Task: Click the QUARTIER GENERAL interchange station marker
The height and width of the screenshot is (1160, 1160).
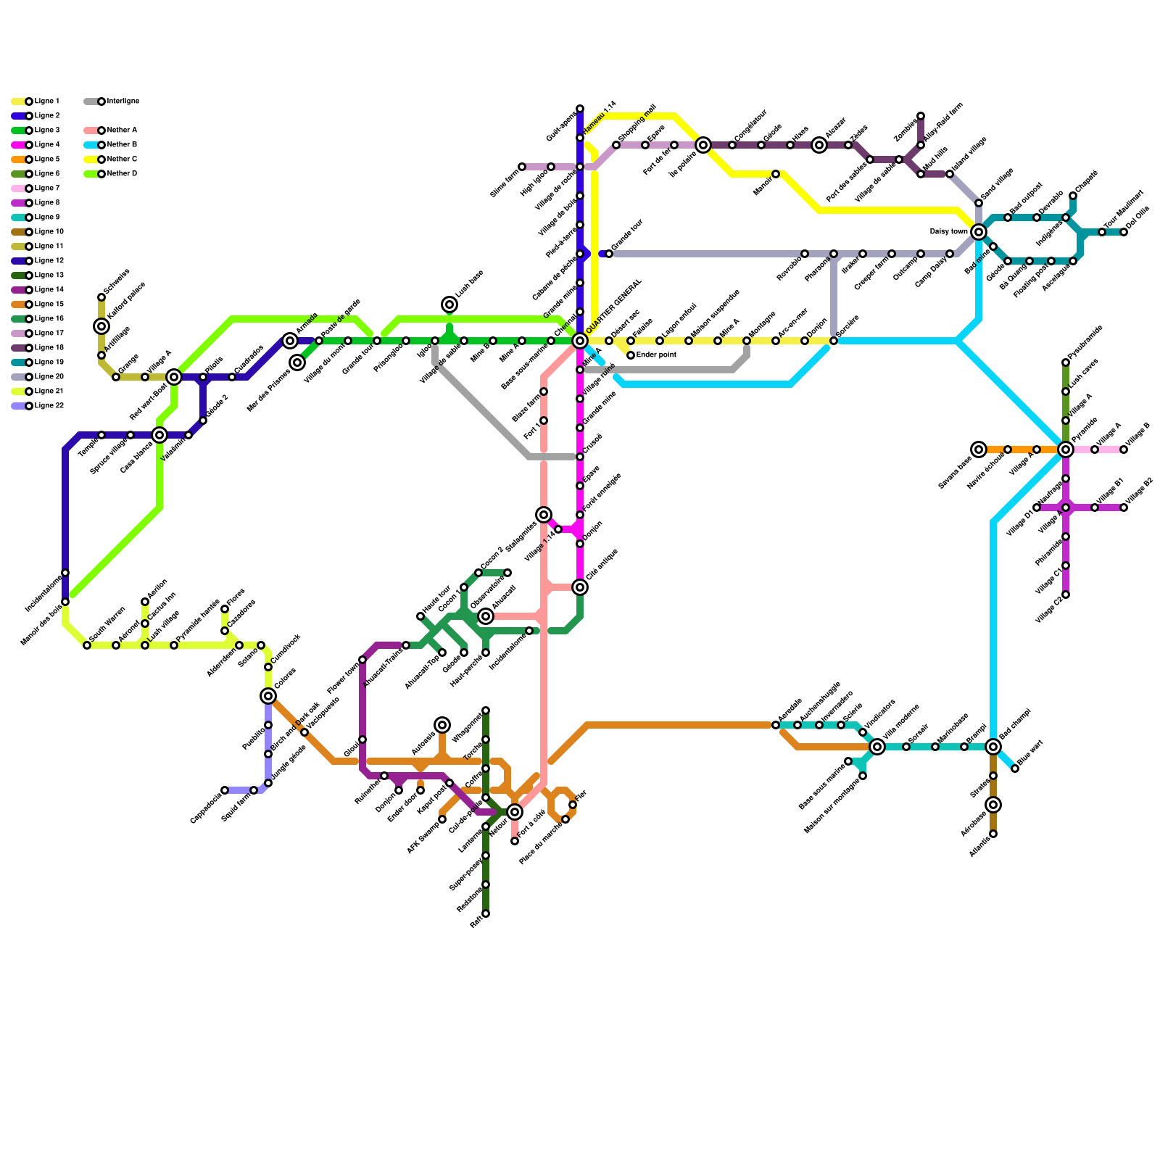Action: click(x=580, y=341)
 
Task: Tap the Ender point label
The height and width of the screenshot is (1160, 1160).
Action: click(x=656, y=355)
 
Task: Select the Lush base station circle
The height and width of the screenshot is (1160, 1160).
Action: click(x=449, y=304)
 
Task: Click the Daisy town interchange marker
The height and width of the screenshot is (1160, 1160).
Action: click(x=979, y=232)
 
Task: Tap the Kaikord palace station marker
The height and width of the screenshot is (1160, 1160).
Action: click(x=101, y=326)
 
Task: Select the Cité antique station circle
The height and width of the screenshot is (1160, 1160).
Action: click(x=580, y=587)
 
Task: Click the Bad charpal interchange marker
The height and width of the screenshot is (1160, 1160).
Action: click(x=993, y=747)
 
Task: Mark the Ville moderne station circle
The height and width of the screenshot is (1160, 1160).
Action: click(x=877, y=747)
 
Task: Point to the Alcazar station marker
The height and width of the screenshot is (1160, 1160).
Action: click(x=819, y=145)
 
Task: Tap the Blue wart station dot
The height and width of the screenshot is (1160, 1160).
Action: click(x=1015, y=768)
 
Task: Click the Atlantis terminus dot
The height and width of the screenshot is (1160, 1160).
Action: click(x=993, y=834)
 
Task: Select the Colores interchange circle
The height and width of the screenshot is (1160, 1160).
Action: click(x=268, y=696)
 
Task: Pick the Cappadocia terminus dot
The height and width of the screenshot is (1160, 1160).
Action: click(x=225, y=790)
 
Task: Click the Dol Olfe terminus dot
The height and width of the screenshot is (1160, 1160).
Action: click(x=1124, y=232)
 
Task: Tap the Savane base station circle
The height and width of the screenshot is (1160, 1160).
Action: click(x=979, y=449)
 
